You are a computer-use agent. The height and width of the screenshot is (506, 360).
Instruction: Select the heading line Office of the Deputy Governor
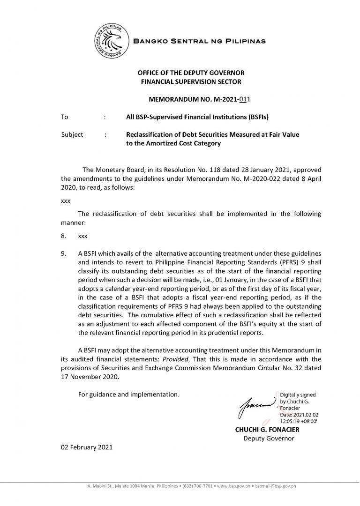point(191,73)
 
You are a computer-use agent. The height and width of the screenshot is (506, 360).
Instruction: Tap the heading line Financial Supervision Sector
point(191,82)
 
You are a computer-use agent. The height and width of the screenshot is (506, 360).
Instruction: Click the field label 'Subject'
point(72,134)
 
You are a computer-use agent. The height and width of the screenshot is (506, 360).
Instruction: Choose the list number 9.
point(63,253)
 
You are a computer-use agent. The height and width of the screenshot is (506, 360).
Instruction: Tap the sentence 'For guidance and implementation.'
point(128,394)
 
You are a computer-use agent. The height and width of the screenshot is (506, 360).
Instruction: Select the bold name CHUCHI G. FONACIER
point(267,429)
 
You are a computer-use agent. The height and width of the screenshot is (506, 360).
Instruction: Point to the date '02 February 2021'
point(87,447)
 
